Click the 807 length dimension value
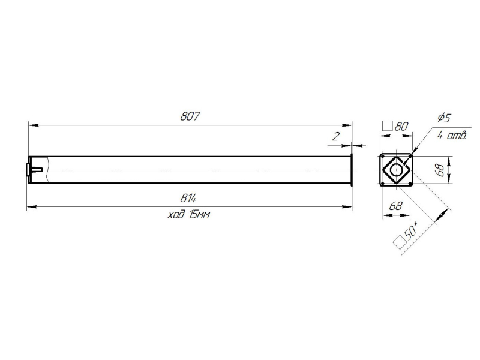(190, 116)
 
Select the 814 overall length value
(188, 199)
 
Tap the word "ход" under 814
(176, 215)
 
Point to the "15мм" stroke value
(200, 215)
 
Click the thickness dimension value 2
(336, 136)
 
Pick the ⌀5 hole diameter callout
(444, 118)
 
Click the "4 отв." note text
(452, 135)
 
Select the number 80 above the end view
(401, 126)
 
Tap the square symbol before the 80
(388, 126)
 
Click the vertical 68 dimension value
(439, 170)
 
